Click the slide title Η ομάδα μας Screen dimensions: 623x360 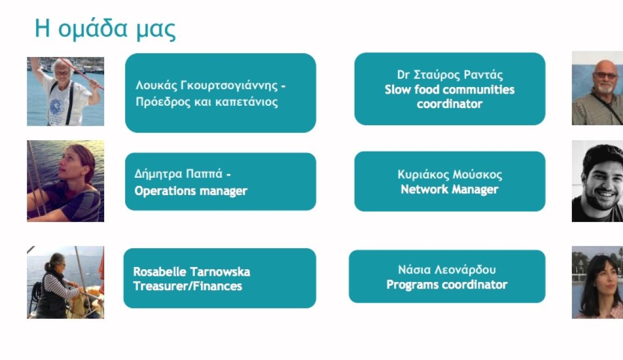pos(105,29)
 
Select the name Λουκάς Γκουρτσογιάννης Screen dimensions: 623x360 pos(207,85)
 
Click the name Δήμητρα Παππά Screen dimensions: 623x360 pos(178,174)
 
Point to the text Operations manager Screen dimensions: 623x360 pos(191,191)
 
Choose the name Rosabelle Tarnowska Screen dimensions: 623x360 pos(192,272)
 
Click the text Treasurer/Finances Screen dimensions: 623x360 pos(187,286)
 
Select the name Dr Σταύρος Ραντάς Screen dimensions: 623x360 pos(450,75)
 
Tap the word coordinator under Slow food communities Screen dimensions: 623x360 pos(450,104)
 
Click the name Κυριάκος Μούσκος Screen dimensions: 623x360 pos(450,175)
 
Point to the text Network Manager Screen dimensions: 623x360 pos(450,190)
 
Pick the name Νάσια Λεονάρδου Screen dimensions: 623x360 pos(447,270)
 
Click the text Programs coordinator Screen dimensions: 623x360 pos(447,285)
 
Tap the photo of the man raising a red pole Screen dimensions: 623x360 pos(66,91)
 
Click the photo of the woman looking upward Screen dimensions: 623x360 pos(66,181)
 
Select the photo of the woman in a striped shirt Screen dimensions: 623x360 pos(66,282)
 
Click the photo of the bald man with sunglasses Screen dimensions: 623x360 pos(597,88)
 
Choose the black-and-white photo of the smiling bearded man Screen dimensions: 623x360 pos(597,181)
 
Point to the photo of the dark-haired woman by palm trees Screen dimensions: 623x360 pos(597,282)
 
